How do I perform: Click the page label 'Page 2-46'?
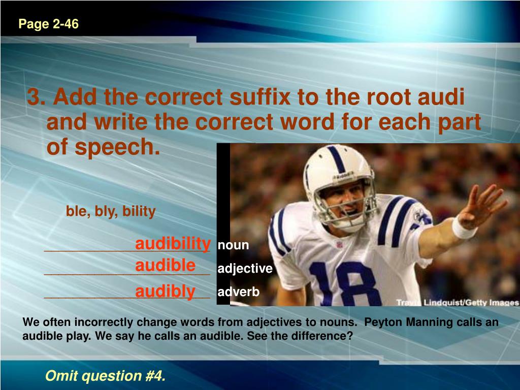coord(49,24)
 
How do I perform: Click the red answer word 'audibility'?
coord(173,244)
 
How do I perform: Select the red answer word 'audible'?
coord(165,266)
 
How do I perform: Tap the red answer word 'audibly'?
coord(165,291)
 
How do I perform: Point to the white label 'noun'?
coord(233,245)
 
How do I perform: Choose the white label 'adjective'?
coord(245,269)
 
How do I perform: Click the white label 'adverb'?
coord(239,292)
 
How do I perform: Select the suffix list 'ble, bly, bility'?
coord(111,211)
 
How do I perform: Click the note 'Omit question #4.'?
coord(106,376)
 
